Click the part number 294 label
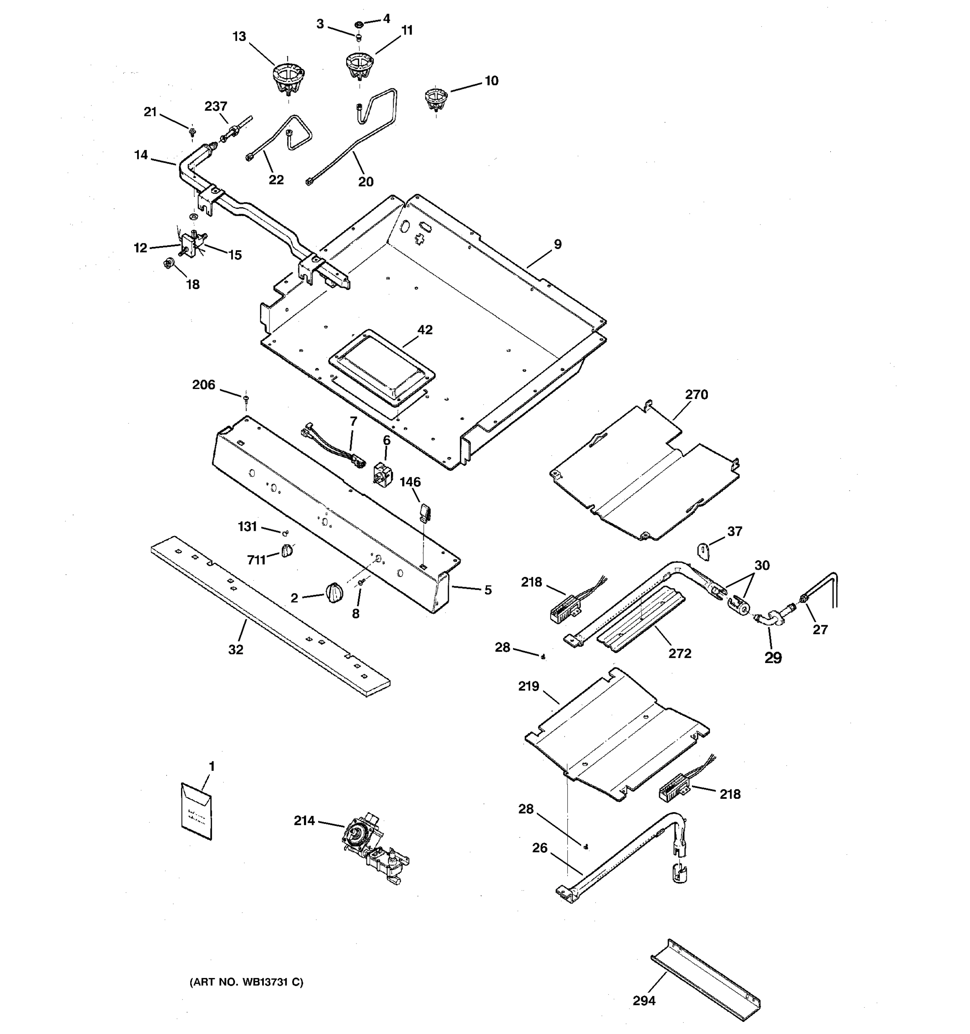tap(644, 1000)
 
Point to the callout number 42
tap(425, 330)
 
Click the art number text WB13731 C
tap(246, 982)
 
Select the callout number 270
tap(696, 395)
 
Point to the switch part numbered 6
tap(383, 473)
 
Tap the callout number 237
tap(216, 106)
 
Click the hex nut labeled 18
tap(168, 264)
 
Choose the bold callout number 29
tap(773, 658)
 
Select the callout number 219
tap(528, 687)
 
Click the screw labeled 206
tap(246, 399)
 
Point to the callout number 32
tap(235, 650)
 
